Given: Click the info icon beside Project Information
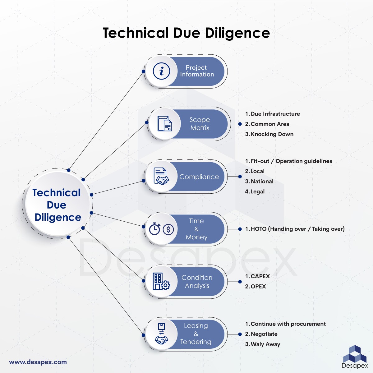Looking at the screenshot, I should (x=161, y=71).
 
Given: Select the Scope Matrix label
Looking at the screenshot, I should (x=200, y=124).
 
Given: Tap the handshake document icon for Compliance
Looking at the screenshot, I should (x=161, y=176).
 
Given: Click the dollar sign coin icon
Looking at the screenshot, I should (x=168, y=229).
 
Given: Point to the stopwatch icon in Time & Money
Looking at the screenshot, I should (x=154, y=229).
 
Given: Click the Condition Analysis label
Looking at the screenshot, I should (x=197, y=282).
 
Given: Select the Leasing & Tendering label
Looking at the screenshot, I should (x=196, y=334).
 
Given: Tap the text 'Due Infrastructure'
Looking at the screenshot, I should (x=275, y=114).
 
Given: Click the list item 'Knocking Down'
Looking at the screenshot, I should (x=272, y=134).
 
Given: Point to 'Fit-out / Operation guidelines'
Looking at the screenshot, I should (x=291, y=161).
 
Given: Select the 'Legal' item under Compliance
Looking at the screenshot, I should (x=257, y=192).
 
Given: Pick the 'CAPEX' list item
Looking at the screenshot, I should (x=260, y=276).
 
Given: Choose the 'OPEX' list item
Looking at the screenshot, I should (x=258, y=287).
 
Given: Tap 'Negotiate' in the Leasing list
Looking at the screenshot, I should (x=264, y=334).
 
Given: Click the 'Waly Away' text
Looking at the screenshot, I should (x=265, y=344).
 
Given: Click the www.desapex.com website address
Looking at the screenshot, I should (x=38, y=362).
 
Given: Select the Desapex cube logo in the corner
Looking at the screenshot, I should (x=354, y=354).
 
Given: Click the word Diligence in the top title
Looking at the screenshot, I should (x=237, y=33).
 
